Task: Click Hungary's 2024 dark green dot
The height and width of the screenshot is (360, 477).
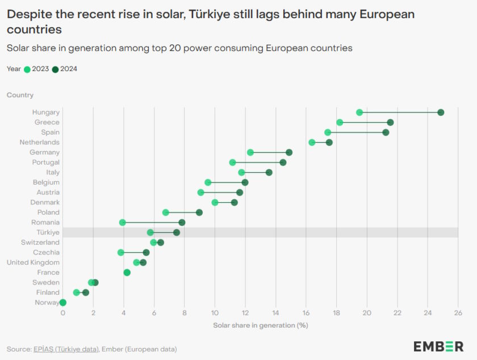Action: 441,112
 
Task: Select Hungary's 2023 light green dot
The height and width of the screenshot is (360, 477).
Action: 359,112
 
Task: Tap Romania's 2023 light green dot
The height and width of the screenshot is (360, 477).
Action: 123,223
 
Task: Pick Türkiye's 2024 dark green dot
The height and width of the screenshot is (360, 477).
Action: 177,232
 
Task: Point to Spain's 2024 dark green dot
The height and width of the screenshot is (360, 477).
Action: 386,132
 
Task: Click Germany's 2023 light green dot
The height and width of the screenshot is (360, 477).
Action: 250,152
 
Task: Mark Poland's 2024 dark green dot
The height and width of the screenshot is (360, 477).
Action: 199,212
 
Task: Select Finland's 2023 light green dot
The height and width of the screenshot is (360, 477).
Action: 77,292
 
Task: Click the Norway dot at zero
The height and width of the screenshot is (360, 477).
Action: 63,303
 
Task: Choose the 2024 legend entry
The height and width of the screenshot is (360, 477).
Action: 64,69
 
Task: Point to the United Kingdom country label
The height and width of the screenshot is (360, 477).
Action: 33,262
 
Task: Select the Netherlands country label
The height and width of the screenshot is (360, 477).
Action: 39,142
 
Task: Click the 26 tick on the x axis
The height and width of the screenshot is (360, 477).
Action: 458,313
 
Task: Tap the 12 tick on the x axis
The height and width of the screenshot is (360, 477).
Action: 245,313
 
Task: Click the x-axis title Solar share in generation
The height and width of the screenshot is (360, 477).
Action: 260,325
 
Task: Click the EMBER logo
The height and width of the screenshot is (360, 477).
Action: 438,346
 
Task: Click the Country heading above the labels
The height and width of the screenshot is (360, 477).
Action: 20,95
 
